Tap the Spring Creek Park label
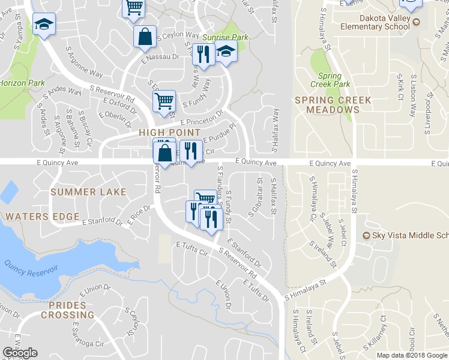click(x=330, y=80)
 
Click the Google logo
click(x=20, y=353)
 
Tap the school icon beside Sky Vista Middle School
click(x=367, y=236)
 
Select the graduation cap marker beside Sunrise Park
click(x=226, y=53)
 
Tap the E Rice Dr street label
click(x=139, y=212)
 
